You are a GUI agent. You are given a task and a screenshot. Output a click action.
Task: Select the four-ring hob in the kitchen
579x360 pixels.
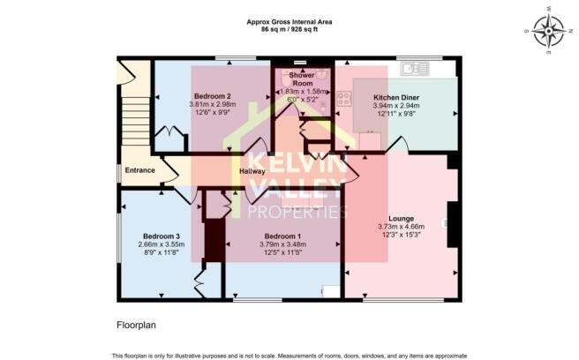[x=343, y=98]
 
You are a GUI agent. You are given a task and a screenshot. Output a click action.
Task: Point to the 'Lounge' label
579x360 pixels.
[x=401, y=218]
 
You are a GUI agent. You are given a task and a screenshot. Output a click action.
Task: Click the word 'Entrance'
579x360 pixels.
[x=140, y=170]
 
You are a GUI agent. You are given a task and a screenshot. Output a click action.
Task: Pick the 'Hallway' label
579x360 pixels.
[x=252, y=171]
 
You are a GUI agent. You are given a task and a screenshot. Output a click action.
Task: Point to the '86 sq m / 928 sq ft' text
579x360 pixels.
[x=289, y=29]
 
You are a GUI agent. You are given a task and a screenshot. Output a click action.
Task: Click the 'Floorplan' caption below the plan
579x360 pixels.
[x=136, y=325]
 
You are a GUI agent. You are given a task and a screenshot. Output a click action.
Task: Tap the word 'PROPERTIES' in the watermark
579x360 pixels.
[x=297, y=212]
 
